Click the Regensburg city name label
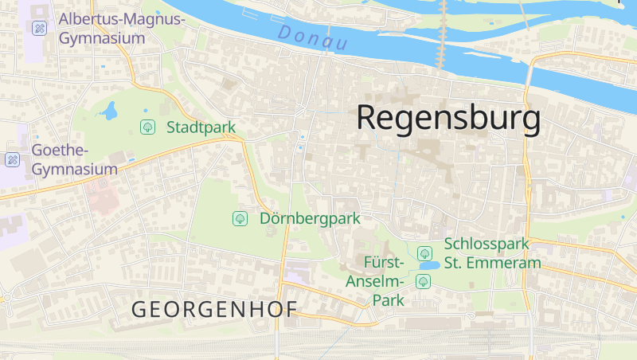[x=448, y=119]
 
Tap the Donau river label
[x=313, y=37]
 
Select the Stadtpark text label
[x=201, y=127]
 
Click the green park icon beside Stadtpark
[x=147, y=127]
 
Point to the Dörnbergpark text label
[x=310, y=218]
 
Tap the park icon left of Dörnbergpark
[x=240, y=218]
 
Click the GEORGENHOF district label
[x=213, y=309]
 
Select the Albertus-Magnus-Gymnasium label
[x=121, y=28]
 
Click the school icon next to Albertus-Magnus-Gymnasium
[x=37, y=28]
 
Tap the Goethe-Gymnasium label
[x=74, y=159]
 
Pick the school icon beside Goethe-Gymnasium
[x=13, y=159]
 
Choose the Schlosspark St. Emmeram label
[x=492, y=252]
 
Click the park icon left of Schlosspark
[x=424, y=252]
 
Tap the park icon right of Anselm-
[x=424, y=281]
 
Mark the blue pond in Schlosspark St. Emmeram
[x=429, y=265]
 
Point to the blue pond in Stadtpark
[x=109, y=111]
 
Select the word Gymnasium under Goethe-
[x=74, y=169]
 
